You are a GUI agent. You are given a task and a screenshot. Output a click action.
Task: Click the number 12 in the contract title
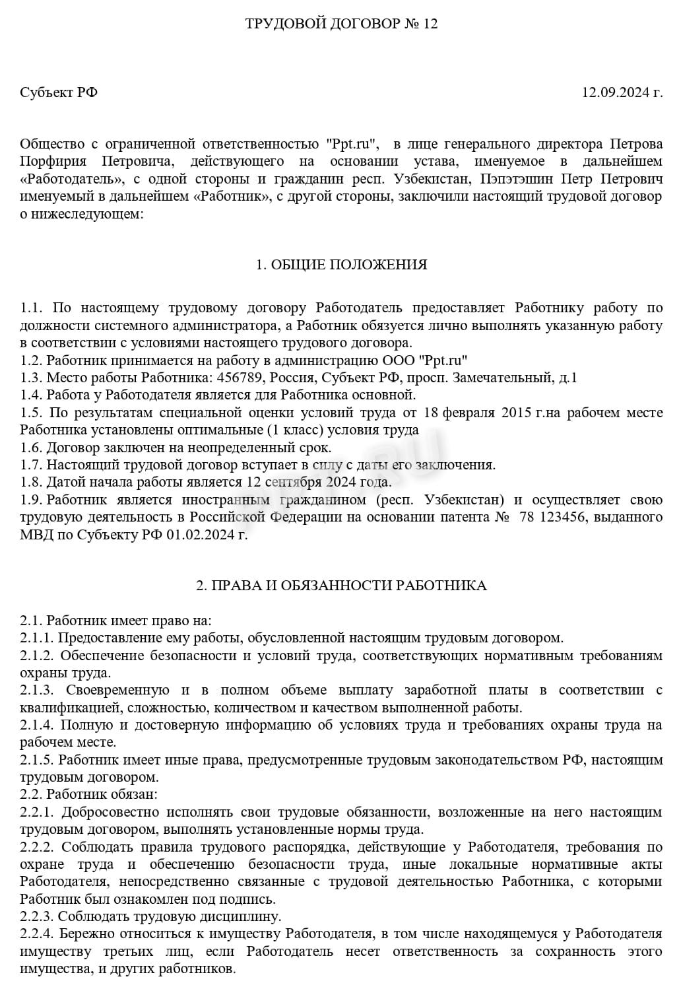[430, 24]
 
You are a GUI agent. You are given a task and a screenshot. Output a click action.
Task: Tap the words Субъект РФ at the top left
[59, 92]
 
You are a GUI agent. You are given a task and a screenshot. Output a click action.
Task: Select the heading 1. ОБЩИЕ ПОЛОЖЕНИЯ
[341, 265]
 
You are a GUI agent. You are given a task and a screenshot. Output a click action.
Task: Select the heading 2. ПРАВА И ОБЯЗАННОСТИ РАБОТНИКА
[341, 586]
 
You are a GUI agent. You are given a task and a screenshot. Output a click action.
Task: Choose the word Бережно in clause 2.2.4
[84, 934]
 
